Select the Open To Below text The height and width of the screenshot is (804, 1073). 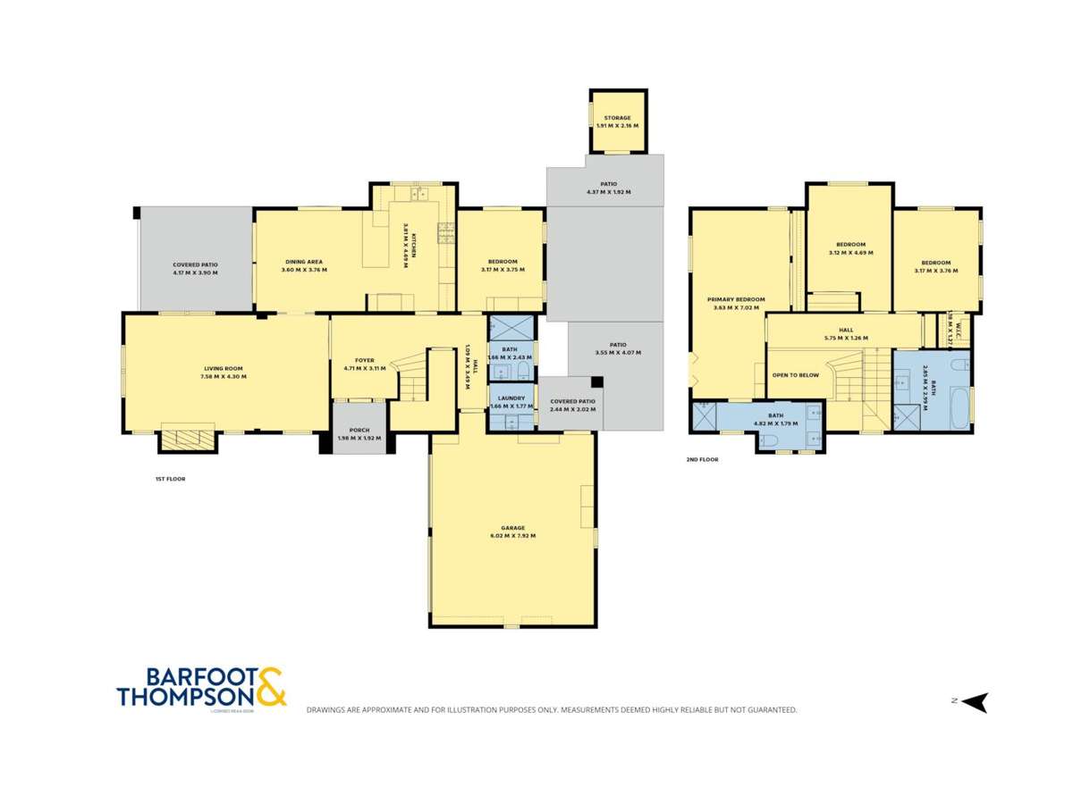pos(796,375)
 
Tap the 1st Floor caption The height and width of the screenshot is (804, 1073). pos(170,480)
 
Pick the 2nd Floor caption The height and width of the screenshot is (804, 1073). pos(702,459)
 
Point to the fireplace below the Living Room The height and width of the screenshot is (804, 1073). pos(188,438)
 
